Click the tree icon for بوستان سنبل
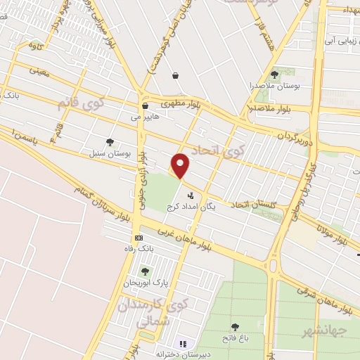pyautogui.click(x=109, y=142)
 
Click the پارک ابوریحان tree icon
pyautogui.click(x=145, y=271)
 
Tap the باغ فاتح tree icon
pyautogui.click(x=236, y=327)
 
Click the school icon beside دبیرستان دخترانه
pyautogui.click(x=183, y=344)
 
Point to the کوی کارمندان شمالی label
pyautogui.click(x=141, y=312)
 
